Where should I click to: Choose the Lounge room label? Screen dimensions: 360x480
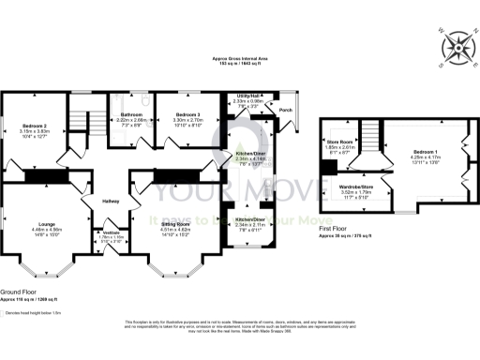47,224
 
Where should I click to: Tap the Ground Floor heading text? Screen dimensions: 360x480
22,292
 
